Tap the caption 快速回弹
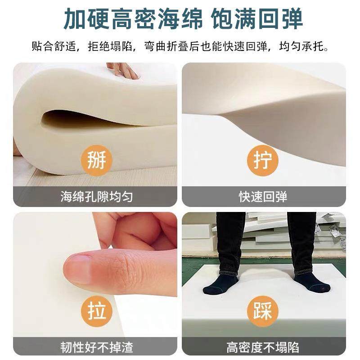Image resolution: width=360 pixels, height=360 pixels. [264, 197]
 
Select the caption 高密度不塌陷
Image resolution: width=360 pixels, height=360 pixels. [264, 347]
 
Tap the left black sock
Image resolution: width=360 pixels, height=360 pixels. [220, 284]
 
